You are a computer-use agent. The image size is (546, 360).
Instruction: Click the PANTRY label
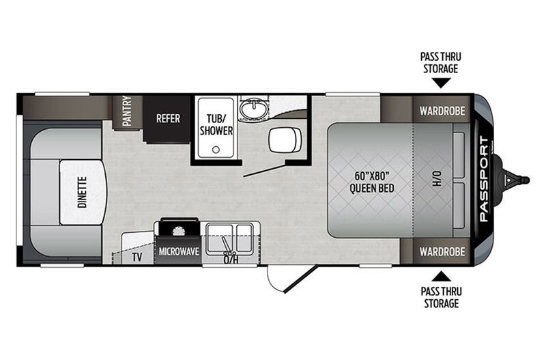[x=127, y=111]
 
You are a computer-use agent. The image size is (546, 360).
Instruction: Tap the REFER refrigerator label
[x=168, y=118]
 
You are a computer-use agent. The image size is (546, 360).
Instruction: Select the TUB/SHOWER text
[x=216, y=125]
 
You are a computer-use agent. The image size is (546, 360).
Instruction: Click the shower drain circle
[x=216, y=150]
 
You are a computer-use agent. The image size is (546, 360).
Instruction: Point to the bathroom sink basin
[x=255, y=109]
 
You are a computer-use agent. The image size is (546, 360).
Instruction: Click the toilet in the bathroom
[x=285, y=140]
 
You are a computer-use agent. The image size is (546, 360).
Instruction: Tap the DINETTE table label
[x=82, y=193]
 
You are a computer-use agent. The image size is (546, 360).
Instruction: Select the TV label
[x=137, y=258]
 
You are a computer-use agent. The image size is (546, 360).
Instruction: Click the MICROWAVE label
[x=179, y=251]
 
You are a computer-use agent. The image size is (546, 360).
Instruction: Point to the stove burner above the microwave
[x=179, y=231]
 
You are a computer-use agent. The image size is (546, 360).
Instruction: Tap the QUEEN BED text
[x=372, y=189]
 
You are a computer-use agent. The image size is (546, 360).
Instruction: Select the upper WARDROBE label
[x=442, y=111]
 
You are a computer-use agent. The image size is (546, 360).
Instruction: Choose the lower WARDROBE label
[x=442, y=251]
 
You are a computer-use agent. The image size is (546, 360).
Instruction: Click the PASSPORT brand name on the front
[x=484, y=179]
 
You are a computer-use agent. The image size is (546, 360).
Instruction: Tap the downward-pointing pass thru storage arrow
[x=441, y=83]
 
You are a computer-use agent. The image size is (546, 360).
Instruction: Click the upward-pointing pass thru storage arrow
[x=441, y=277]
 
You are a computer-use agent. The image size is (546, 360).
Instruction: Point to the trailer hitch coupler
[x=516, y=180]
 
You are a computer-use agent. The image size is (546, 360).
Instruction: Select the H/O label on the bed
[x=437, y=178]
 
